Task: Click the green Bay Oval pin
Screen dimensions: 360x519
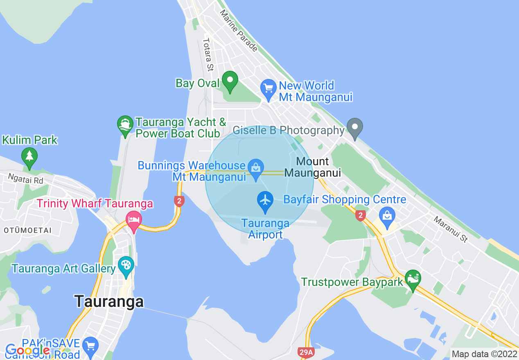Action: pyautogui.click(x=230, y=81)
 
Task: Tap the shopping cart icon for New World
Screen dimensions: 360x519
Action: pyautogui.click(x=268, y=89)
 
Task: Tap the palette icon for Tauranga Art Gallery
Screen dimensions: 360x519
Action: pyautogui.click(x=126, y=265)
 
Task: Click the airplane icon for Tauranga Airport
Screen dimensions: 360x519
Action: pyautogui.click(x=266, y=200)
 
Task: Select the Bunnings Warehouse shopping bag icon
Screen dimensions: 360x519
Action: pyautogui.click(x=256, y=168)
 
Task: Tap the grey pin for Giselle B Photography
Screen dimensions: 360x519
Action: pyautogui.click(x=355, y=127)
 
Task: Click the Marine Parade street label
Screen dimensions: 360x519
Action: pyautogui.click(x=239, y=31)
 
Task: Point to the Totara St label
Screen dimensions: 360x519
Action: pyautogui.click(x=208, y=54)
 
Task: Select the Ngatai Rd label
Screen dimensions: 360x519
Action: pyautogui.click(x=25, y=179)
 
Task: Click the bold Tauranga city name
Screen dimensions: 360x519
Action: pyautogui.click(x=109, y=301)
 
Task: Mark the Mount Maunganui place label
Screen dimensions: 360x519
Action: pyautogui.click(x=313, y=167)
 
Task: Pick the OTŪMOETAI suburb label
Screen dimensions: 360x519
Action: pyautogui.click(x=28, y=230)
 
